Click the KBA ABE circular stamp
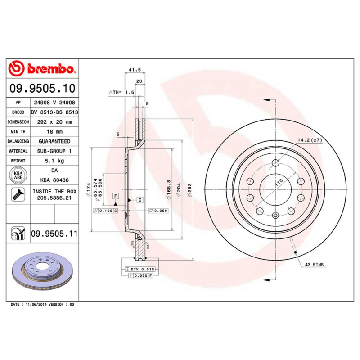click(18, 175)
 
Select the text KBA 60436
click(54, 180)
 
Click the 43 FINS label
click(315, 265)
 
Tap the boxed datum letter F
click(116, 196)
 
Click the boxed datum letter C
click(140, 199)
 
